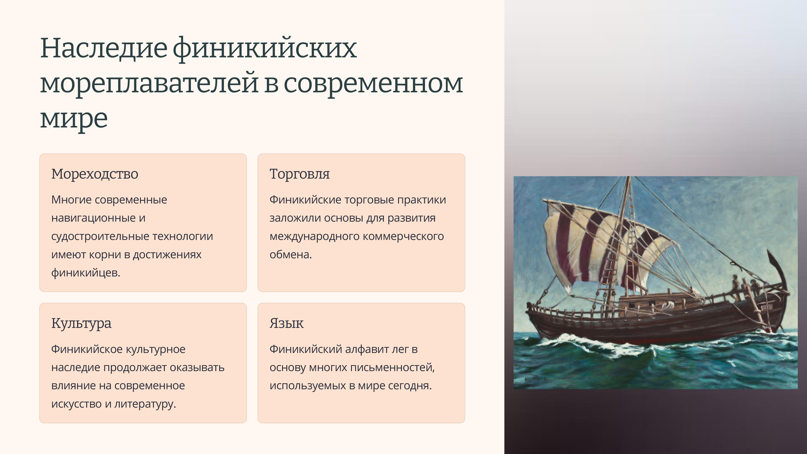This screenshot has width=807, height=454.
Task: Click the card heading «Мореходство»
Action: pos(95,174)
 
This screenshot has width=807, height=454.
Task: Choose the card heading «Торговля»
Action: pos(299,174)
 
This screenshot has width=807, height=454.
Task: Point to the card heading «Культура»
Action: pos(81,323)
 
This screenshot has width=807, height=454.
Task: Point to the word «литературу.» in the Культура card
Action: pos(145,404)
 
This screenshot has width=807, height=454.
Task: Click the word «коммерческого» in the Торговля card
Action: pos(403,236)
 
